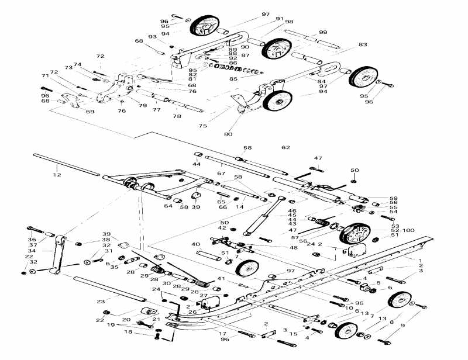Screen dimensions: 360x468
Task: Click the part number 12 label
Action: click(56, 175)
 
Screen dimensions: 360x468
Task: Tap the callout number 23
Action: click(101, 302)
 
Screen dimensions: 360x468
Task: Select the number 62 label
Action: click(285, 148)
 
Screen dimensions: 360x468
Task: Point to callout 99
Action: click(323, 32)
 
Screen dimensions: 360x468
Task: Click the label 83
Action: click(363, 44)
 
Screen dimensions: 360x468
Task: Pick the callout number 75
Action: click(203, 126)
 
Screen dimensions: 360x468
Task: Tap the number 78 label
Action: click(177, 116)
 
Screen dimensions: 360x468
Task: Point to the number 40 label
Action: click(196, 244)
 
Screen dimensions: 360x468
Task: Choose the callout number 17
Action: click(222, 334)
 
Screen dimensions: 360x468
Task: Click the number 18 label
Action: click(128, 332)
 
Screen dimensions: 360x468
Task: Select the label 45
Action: click(292, 215)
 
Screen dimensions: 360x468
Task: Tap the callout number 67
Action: click(221, 173)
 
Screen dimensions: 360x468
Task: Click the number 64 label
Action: click(168, 206)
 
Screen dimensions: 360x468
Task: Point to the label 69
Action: click(90, 112)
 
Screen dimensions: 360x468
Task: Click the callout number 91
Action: click(280, 19)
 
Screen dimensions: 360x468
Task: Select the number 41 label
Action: click(221, 278)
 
